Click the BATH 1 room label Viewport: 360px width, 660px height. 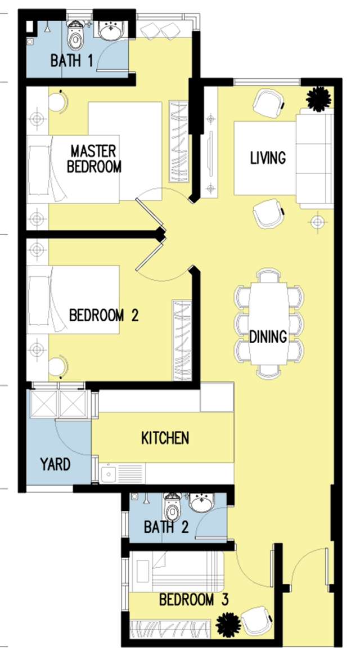click(x=71, y=61)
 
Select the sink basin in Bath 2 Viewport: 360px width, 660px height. click(x=202, y=502)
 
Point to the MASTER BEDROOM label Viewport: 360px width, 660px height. click(x=94, y=159)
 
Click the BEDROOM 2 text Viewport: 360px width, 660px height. click(x=103, y=315)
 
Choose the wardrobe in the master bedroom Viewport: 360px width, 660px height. click(x=178, y=141)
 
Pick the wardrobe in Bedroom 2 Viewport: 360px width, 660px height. click(x=182, y=340)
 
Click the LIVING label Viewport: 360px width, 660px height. click(x=268, y=158)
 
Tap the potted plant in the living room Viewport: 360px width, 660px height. click(x=318, y=99)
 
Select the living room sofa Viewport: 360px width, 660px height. click(x=314, y=158)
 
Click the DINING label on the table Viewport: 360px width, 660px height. click(x=268, y=336)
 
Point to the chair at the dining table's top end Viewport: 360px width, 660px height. click(x=268, y=276)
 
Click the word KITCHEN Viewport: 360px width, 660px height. click(x=165, y=438)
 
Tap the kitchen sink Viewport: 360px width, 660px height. click(x=108, y=474)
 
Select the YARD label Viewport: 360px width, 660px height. click(x=55, y=465)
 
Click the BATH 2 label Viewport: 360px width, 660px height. click(x=166, y=527)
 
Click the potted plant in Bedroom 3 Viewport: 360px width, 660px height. click(x=228, y=625)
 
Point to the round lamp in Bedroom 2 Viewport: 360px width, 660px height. click(x=58, y=366)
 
